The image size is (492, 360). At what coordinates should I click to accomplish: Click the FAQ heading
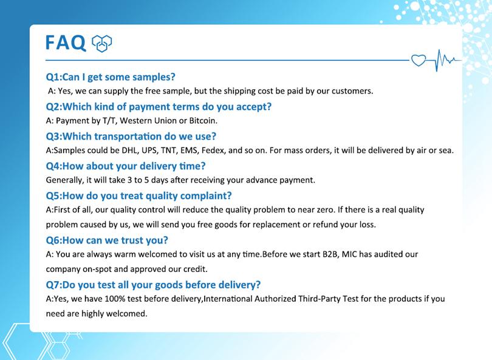[66, 42]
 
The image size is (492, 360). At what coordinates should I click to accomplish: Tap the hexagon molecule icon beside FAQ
[101, 43]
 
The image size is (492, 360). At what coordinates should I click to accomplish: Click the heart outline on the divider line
[419, 60]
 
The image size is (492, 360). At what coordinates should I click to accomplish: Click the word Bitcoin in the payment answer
[203, 121]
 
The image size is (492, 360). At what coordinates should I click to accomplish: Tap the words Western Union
[149, 121]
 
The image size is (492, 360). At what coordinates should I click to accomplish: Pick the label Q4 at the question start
[53, 166]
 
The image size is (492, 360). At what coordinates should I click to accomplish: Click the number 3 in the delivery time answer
[129, 180]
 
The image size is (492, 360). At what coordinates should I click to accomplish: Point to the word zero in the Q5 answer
[326, 210]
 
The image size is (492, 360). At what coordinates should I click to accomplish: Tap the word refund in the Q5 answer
[325, 225]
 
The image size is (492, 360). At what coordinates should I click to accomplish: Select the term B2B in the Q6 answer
[330, 254]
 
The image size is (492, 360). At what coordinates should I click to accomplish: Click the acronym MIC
[349, 254]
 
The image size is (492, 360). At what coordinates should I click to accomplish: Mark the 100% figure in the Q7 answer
[115, 299]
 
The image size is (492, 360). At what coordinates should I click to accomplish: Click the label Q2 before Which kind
[53, 107]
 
